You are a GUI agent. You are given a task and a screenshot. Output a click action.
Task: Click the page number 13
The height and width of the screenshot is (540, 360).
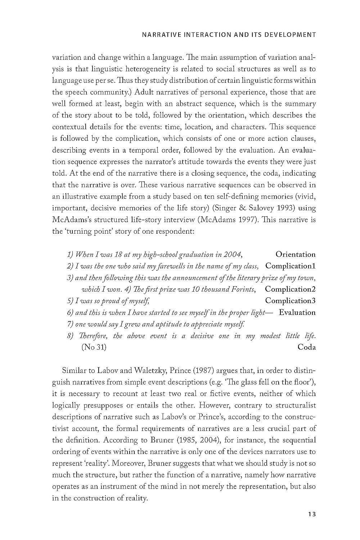point(312,514)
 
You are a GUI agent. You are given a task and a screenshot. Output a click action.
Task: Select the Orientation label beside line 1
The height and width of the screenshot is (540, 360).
point(295,255)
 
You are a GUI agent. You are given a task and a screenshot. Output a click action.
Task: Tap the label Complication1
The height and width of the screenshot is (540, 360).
point(290,266)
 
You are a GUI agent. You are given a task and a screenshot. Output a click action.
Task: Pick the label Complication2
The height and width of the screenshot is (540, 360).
point(290,289)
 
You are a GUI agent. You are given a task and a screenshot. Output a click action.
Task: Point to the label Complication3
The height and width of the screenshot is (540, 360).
point(290,301)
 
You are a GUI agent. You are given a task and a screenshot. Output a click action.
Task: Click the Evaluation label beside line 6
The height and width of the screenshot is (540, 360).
point(297,312)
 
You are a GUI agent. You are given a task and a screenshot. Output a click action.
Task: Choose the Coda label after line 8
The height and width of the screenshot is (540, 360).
point(307,347)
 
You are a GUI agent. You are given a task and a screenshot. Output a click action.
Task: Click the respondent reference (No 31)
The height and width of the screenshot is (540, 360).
point(94,347)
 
